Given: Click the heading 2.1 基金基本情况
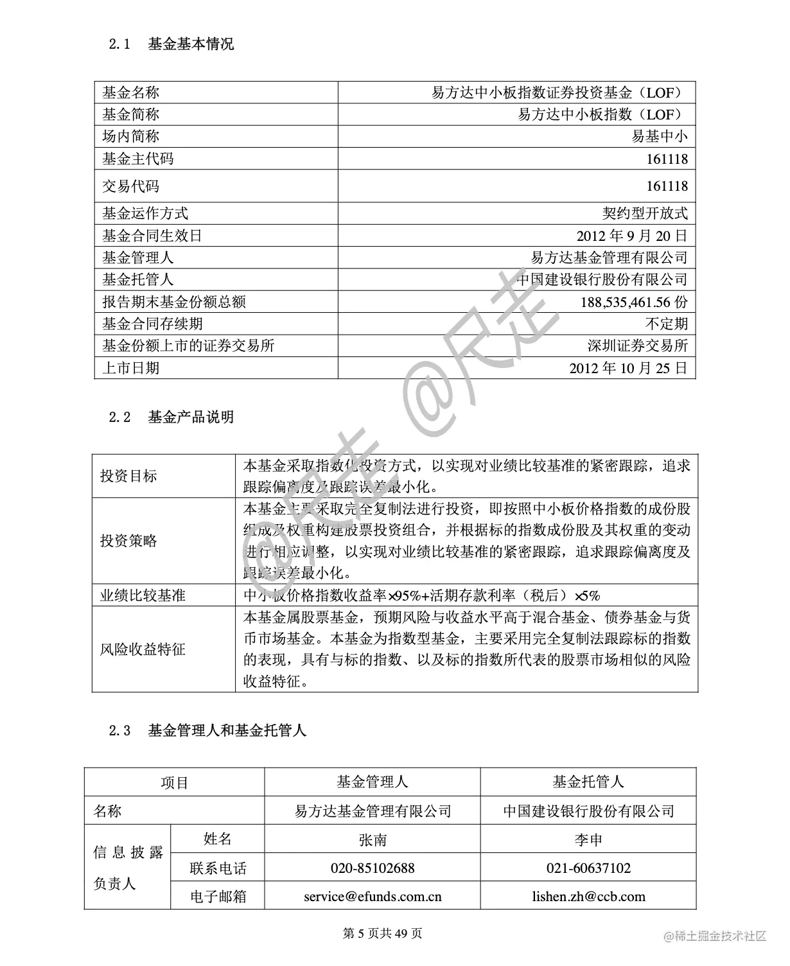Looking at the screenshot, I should pyautogui.click(x=171, y=44).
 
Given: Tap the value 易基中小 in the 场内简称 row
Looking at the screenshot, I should pyautogui.click(x=660, y=136).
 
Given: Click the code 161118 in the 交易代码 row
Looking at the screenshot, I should pyautogui.click(x=667, y=186).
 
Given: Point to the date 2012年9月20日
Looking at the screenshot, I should pyautogui.click(x=632, y=236).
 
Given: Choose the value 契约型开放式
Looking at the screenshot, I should pyautogui.click(x=645, y=213).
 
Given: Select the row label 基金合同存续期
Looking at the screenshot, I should pyautogui.click(x=152, y=324).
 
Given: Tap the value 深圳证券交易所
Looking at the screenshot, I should pyautogui.click(x=638, y=346).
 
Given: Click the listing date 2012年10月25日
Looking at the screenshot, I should pyautogui.click(x=628, y=368).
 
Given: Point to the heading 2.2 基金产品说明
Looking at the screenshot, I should pyautogui.click(x=171, y=417).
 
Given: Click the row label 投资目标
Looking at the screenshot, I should pyautogui.click(x=128, y=476).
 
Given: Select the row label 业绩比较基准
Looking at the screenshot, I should pyautogui.click(x=143, y=595).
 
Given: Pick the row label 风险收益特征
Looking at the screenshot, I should pyautogui.click(x=143, y=649).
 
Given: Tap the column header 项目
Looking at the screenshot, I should pyautogui.click(x=174, y=783).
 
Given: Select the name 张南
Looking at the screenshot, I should pyautogui.click(x=373, y=839).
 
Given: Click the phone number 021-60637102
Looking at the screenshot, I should pyautogui.click(x=588, y=868).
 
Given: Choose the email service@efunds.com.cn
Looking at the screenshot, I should pyautogui.click(x=373, y=897).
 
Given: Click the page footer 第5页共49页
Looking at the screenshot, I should pyautogui.click(x=383, y=934).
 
